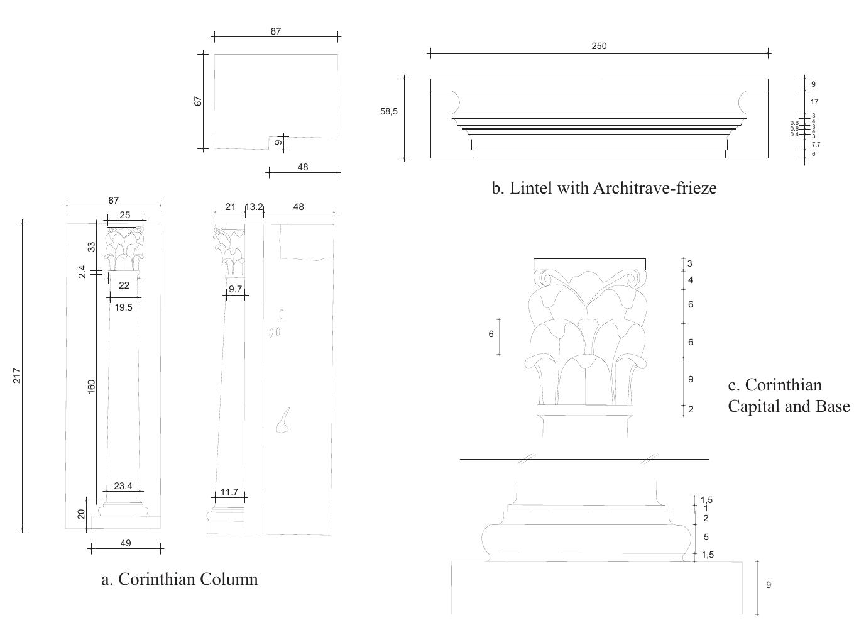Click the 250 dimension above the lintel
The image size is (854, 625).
pyautogui.click(x=599, y=46)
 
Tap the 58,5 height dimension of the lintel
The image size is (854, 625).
pyautogui.click(x=389, y=111)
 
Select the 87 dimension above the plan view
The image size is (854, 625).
pyautogui.click(x=276, y=31)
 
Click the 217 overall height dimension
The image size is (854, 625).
pyautogui.click(x=18, y=375)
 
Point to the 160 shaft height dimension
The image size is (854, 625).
pyautogui.click(x=92, y=386)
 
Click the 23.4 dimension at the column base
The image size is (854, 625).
pyautogui.click(x=123, y=485)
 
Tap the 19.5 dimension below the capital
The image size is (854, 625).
pyautogui.click(x=124, y=307)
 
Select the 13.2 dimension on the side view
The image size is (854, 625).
pyautogui.click(x=254, y=207)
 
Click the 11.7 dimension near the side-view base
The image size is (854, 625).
pyautogui.click(x=229, y=492)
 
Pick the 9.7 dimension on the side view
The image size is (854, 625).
pyautogui.click(x=235, y=289)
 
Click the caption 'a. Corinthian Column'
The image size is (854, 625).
pyautogui.click(x=180, y=578)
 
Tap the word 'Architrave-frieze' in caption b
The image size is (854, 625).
pyautogui.click(x=654, y=188)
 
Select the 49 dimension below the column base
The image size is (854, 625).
pyautogui.click(x=125, y=543)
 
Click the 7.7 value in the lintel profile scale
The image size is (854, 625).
pyautogui.click(x=816, y=145)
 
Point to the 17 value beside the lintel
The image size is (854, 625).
pyautogui.click(x=814, y=102)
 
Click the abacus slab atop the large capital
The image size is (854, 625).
pyautogui.click(x=589, y=264)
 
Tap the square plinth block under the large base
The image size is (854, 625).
pyautogui.click(x=596, y=587)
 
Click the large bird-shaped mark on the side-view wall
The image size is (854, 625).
pyautogui.click(x=283, y=421)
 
